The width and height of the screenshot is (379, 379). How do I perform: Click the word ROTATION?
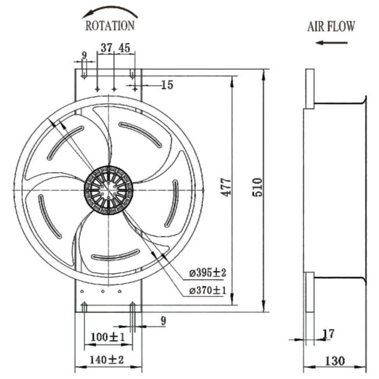(x=110, y=26)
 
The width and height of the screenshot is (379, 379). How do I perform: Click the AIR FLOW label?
(x=331, y=26)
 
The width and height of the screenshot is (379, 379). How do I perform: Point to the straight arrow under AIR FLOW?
(x=331, y=43)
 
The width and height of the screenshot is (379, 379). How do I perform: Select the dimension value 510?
(x=257, y=187)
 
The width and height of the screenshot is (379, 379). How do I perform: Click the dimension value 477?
(x=226, y=187)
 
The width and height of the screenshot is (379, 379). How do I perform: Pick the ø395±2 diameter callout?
(x=207, y=273)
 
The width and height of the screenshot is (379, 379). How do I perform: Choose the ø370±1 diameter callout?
(x=207, y=291)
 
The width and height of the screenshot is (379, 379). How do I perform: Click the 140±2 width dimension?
(x=107, y=360)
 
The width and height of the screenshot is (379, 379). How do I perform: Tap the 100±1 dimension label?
(x=107, y=337)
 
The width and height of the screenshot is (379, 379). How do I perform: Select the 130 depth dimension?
(x=335, y=361)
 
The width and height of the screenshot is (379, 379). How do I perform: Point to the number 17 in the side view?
(x=328, y=334)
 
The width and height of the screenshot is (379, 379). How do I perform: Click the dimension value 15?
(x=167, y=85)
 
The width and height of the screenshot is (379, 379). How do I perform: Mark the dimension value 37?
(x=107, y=48)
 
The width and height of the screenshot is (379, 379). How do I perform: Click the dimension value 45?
(x=124, y=48)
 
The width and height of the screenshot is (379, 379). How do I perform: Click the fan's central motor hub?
(x=109, y=190)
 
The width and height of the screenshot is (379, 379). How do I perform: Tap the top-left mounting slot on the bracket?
(x=84, y=74)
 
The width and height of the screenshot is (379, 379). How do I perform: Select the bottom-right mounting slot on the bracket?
(x=133, y=307)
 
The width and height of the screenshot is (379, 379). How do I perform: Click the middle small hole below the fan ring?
(x=103, y=292)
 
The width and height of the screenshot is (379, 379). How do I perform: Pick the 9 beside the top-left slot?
(x=84, y=55)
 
